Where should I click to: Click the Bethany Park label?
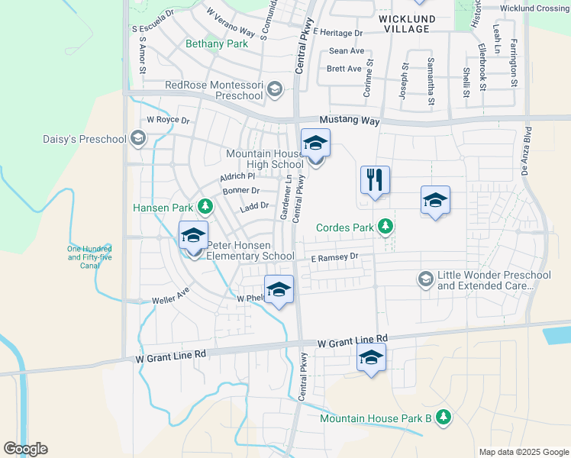coord(217,44)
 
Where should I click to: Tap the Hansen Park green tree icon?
coord(205,206)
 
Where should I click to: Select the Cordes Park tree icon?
coord(387,227)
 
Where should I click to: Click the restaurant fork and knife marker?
coord(375,181)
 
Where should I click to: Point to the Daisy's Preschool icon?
coord(137,139)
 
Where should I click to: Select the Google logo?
coord(25,449)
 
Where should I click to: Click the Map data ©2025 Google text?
coord(523,452)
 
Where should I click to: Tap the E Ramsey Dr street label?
coord(334,258)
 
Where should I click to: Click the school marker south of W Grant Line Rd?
coord(371,357)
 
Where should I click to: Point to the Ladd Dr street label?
coord(254,206)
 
